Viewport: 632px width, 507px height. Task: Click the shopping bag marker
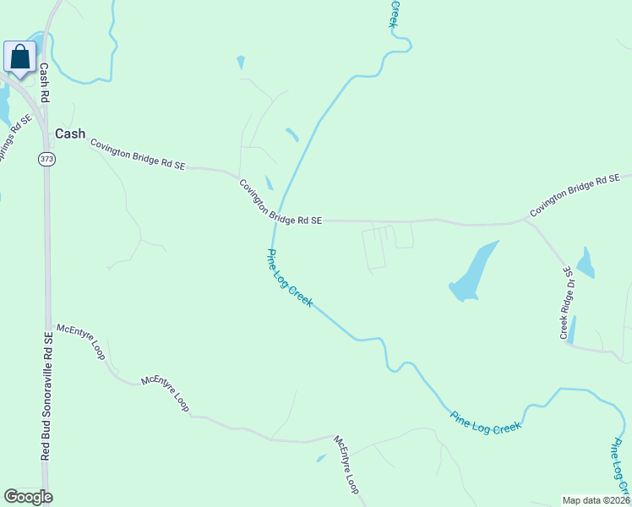tap(19, 58)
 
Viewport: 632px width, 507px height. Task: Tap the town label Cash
tap(70, 134)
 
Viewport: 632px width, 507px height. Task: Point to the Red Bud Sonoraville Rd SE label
tap(48, 395)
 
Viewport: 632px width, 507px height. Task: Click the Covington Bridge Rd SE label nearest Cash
tap(137, 155)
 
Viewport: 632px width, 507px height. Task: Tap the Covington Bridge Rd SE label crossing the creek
tap(280, 203)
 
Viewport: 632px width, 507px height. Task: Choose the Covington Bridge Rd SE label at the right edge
tap(580, 194)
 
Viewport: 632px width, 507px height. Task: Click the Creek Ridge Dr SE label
tap(567, 303)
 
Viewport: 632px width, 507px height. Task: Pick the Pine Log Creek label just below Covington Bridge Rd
tap(290, 278)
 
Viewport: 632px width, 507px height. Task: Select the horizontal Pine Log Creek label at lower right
tap(485, 422)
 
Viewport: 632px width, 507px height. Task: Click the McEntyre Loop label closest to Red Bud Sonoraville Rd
tap(80, 341)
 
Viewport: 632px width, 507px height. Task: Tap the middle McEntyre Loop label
tap(165, 394)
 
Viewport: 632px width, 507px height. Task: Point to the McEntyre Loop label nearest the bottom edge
tap(347, 465)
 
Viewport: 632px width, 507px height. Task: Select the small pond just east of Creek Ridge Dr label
tap(586, 263)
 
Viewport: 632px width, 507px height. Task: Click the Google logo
tap(28, 497)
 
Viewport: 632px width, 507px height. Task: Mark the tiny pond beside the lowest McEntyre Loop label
tap(321, 458)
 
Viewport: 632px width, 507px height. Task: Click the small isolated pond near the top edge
tap(242, 63)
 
